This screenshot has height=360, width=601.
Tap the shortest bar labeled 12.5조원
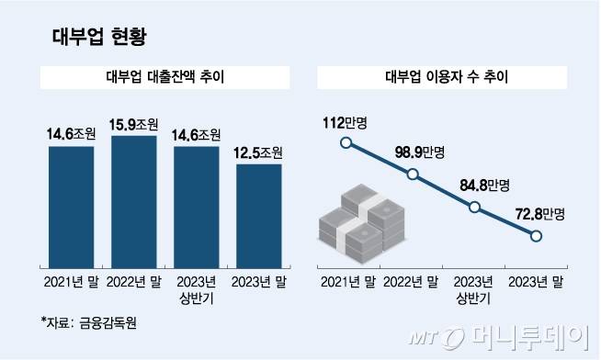coord(259,213)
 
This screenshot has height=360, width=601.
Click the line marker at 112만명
coord(346,142)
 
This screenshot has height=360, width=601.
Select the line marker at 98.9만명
coord(413,174)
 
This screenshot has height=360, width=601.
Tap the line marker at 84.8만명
coord(474,208)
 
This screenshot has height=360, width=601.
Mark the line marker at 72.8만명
coord(538,237)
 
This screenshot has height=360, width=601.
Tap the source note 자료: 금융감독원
coord(92,322)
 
